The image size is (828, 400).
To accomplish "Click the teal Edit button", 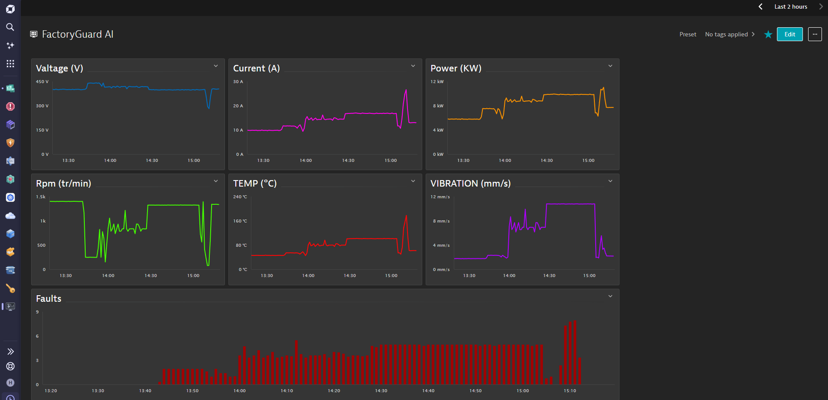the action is point(789,34).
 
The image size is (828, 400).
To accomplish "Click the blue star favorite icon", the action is point(768,34).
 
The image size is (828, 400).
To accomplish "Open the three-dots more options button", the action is point(815,34).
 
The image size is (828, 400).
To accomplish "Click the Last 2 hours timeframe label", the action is point(791,6).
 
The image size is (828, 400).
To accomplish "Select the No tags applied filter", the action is point(726,34).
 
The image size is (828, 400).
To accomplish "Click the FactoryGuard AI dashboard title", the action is point(77,34).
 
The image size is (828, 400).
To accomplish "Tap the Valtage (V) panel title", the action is point(59,68).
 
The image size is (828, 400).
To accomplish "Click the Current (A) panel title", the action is point(257,68).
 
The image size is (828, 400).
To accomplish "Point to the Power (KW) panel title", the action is point(456,68).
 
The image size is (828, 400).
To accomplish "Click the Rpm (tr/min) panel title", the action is point(64,184).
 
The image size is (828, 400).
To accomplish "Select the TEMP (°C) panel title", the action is point(255,184).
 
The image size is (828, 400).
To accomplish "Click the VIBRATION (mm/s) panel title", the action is point(471,184).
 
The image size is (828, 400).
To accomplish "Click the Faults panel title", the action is point(48,299).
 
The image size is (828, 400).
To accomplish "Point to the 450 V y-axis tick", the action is point(42,81).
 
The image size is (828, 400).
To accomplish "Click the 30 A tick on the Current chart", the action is point(238,81).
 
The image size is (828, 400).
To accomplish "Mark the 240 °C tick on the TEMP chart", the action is point(240,197).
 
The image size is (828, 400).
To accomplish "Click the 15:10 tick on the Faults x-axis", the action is point(570,390).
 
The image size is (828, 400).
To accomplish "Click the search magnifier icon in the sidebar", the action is point(10,27).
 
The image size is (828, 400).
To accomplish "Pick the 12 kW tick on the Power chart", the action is point(437,81).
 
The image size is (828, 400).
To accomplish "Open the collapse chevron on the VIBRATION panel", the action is point(610,181).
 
